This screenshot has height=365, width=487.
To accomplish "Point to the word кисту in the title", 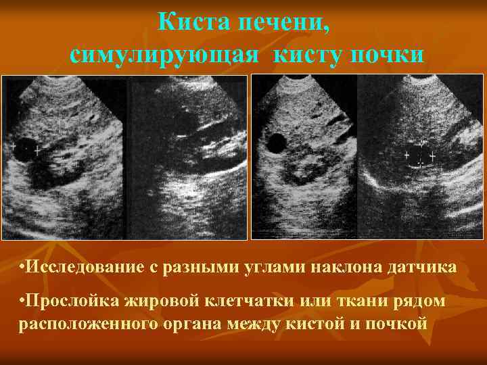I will pyautogui.click(x=308, y=54).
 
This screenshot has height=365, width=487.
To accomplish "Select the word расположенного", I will pyautogui.click(x=88, y=322).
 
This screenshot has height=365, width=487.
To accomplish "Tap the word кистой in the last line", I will pyautogui.click(x=325, y=322).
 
